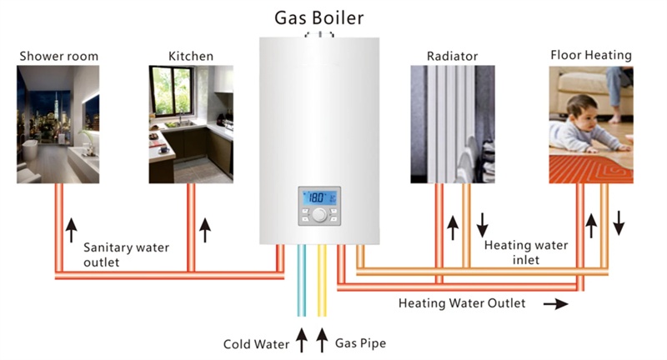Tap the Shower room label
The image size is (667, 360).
click(58, 57)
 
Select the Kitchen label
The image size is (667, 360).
click(191, 57)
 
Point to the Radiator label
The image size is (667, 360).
click(452, 57)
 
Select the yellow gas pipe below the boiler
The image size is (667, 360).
click(323, 283)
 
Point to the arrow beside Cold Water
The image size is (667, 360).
click(303, 340)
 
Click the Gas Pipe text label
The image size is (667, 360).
click(360, 342)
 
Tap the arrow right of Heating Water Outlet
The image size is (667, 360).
click(555, 304)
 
